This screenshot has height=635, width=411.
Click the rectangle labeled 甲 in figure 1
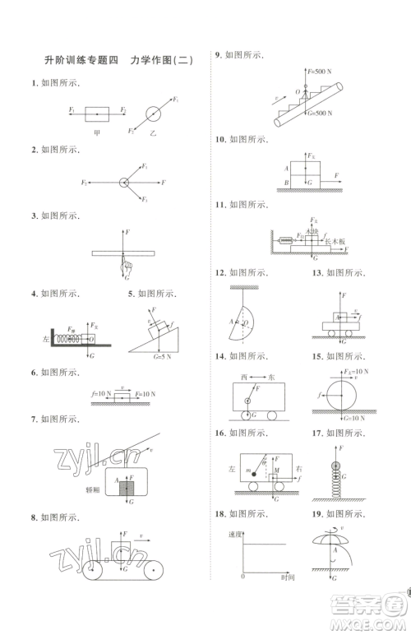(x=96, y=110)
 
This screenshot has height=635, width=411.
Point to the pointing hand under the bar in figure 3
(x=125, y=265)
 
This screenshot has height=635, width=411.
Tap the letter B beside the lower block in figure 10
(x=285, y=182)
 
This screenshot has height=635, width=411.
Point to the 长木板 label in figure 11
(x=336, y=242)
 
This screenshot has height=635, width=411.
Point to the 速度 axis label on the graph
(x=233, y=534)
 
